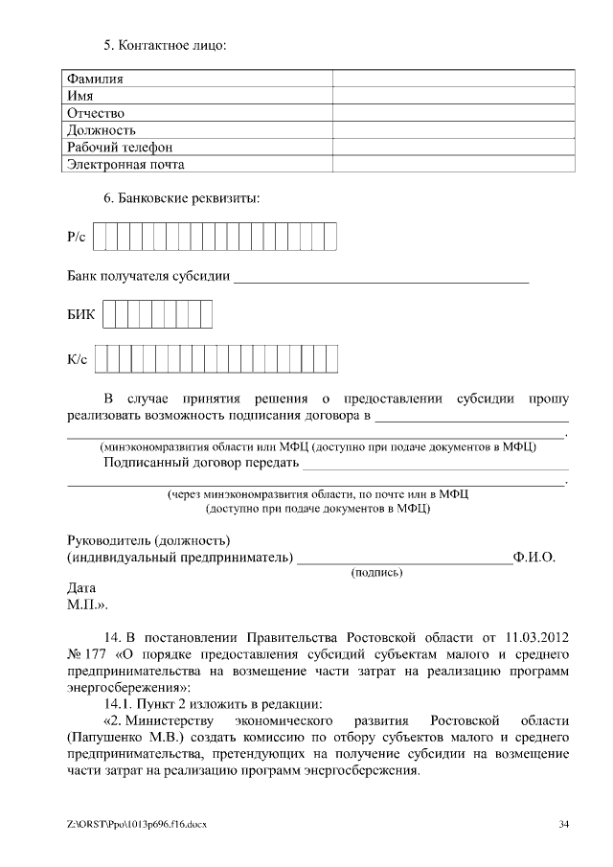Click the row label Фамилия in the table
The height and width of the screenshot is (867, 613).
coord(95,79)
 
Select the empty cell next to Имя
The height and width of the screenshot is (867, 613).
coord(453,96)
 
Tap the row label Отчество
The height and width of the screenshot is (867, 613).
coord(96,113)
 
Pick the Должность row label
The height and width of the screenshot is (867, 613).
coord(101,130)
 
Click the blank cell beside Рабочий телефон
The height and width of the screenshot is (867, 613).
coord(453,148)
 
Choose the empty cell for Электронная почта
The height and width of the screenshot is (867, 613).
coord(453,165)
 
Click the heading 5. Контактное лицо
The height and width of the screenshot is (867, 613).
coord(165,45)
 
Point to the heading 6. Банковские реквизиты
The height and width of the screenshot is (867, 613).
coord(181,199)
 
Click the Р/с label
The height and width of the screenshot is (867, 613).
coord(77,236)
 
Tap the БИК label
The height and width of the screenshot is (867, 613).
coord(80,315)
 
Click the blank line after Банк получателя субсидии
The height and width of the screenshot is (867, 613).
coord(381,279)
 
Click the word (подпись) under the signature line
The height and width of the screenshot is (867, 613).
coord(377,573)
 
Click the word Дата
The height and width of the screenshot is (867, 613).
coord(81,588)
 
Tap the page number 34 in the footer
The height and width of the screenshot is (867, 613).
coord(564,824)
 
